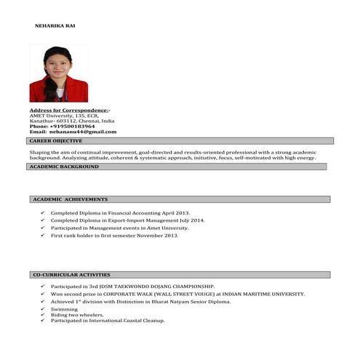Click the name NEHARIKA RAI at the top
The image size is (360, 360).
(x=55, y=25)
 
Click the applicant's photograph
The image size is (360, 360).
(x=58, y=73)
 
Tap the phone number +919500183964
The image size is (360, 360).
(x=72, y=126)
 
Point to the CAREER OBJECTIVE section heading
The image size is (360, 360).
(x=56, y=140)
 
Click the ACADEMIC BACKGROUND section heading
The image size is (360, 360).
(x=64, y=167)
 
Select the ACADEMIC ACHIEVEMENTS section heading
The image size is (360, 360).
(x=71, y=199)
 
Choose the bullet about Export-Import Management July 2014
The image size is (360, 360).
(x=127, y=220)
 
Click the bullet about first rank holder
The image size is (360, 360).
(x=114, y=236)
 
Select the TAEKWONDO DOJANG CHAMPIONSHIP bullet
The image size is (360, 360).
(x=132, y=287)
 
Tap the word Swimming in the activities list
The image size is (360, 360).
(x=64, y=309)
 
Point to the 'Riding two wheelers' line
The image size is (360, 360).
(x=72, y=315)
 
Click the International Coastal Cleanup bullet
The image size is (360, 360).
(x=108, y=320)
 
